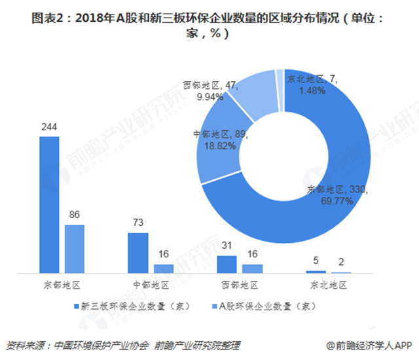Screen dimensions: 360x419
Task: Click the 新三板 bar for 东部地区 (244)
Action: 48,204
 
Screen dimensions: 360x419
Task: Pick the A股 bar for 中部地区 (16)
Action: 163,268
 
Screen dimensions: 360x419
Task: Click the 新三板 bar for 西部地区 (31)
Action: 227,264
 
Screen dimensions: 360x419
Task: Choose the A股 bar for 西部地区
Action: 252,268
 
